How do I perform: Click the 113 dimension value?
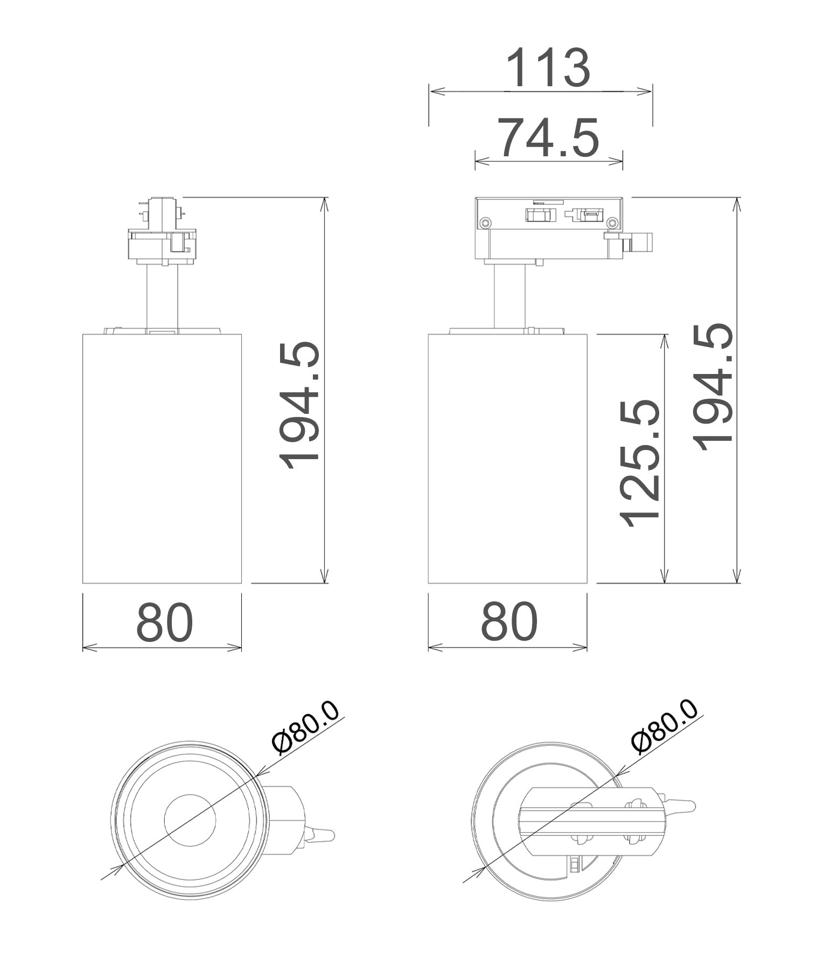click(548, 68)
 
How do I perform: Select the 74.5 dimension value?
click(547, 138)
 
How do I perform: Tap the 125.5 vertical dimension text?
click(640, 463)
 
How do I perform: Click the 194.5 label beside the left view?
click(300, 405)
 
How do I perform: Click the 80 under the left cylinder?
click(164, 622)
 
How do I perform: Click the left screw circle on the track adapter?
click(486, 222)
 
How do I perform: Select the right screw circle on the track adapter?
click(612, 222)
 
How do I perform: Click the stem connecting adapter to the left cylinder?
click(162, 296)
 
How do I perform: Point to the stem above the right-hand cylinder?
click(510, 296)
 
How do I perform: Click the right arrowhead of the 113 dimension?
click(648, 92)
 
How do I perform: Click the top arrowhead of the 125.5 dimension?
click(667, 338)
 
